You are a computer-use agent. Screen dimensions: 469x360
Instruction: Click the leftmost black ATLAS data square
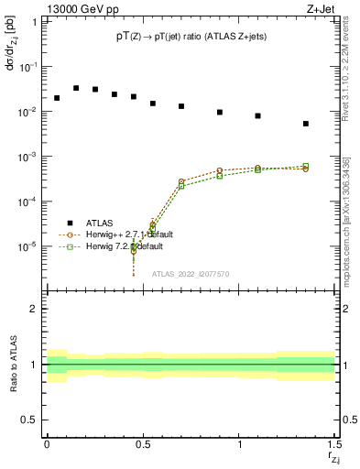pyautogui.click(x=57, y=98)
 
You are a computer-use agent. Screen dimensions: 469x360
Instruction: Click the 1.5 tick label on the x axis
pyautogui.click(x=334, y=448)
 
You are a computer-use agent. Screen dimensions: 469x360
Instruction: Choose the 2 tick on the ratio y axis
pyautogui.click(x=35, y=310)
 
